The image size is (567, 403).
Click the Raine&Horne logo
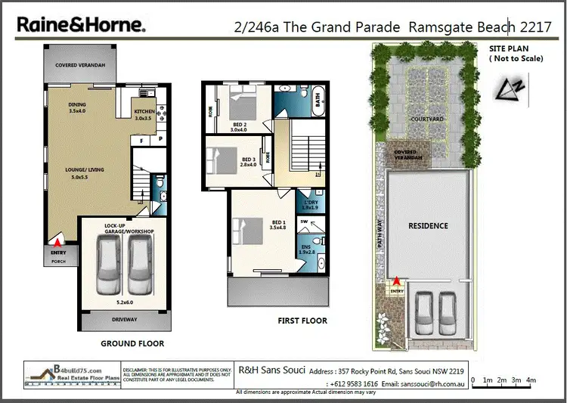point(82,25)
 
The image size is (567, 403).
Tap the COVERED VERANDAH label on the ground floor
point(80,65)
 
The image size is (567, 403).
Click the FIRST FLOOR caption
point(302,321)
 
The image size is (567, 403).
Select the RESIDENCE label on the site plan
point(428,225)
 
